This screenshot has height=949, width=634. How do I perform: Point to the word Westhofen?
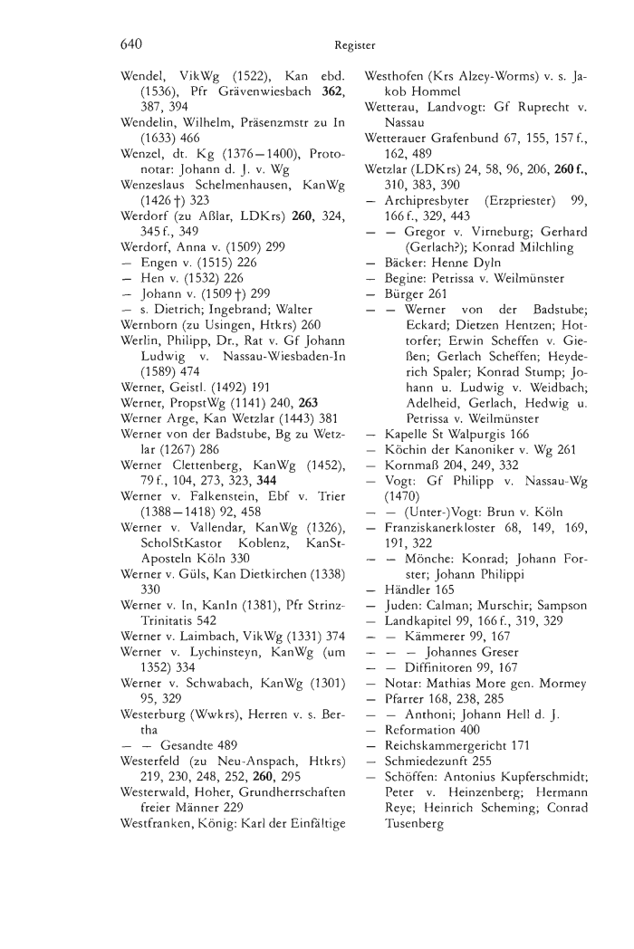point(397,78)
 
